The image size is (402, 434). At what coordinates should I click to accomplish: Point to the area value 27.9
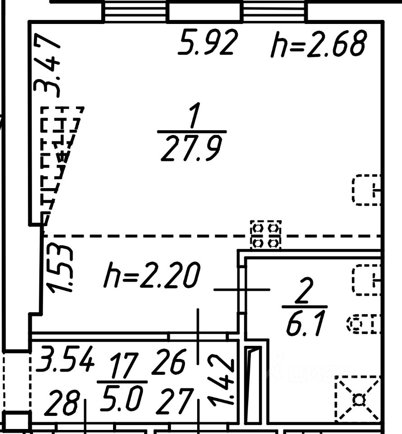[191, 150]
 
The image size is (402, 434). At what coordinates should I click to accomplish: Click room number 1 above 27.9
[194, 117]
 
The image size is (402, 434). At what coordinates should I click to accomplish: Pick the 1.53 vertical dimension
[61, 269]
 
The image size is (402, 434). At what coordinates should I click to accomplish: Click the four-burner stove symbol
[266, 235]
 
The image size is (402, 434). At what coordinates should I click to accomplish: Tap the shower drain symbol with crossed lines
[359, 399]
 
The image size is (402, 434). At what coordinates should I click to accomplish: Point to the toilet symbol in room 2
[364, 324]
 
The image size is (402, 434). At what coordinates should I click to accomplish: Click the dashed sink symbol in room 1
[366, 190]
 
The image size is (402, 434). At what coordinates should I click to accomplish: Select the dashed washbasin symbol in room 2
[367, 280]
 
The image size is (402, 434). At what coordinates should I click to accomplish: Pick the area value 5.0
[121, 398]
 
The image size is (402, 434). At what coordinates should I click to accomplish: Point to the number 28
[64, 403]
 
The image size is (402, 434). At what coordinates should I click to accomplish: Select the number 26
[169, 362]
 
